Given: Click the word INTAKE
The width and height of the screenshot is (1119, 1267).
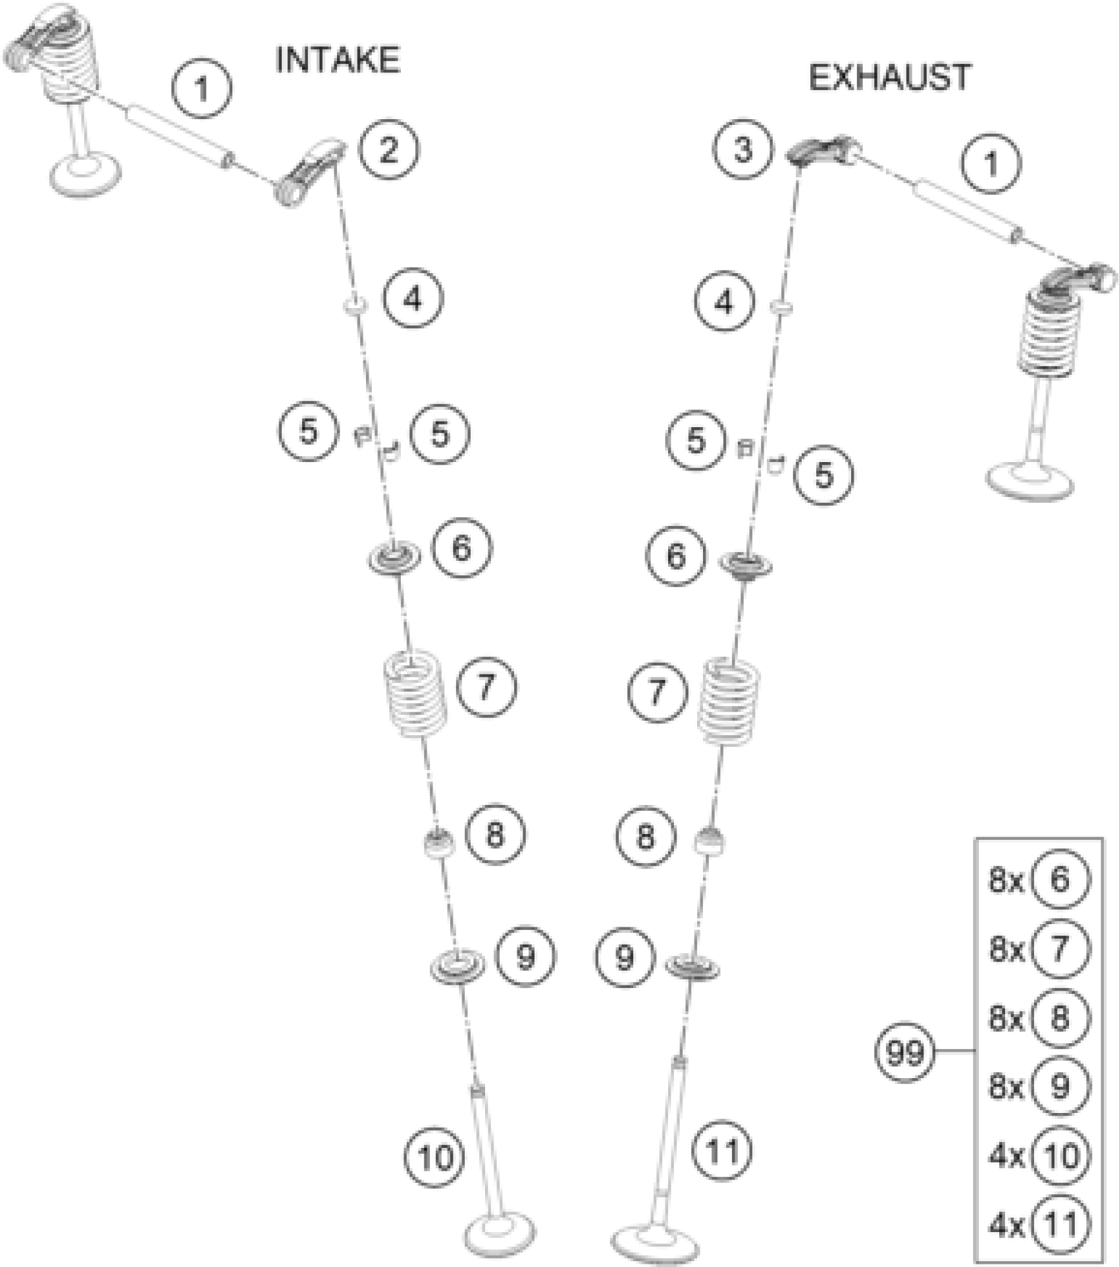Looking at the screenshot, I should pos(337,61).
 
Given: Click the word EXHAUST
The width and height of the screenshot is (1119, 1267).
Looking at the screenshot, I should pos(889,78).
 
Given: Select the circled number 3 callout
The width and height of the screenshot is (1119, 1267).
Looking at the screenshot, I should pos(742,149).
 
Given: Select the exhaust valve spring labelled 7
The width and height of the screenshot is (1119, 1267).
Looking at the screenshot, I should pos(728,701).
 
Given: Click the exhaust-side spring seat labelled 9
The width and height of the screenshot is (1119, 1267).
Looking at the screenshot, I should pos(691,966).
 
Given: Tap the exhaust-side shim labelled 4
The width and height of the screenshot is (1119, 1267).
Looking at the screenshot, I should pos(781,307).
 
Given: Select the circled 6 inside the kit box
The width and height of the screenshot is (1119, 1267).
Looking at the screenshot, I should pos(1060,879).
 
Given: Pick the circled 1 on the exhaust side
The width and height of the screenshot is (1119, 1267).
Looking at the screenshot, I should pos(991,164).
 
